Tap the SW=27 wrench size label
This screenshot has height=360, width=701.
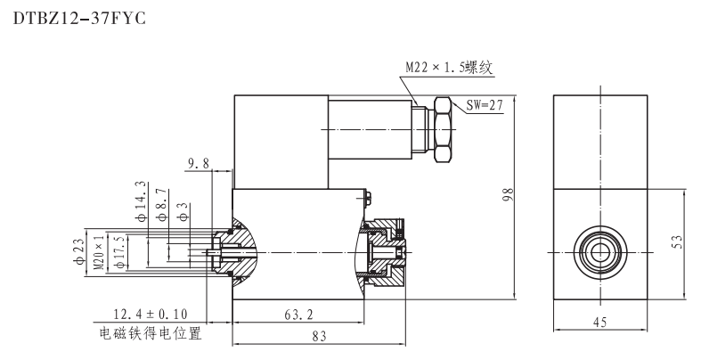tap(485, 104)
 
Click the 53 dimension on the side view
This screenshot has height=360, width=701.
tap(677, 242)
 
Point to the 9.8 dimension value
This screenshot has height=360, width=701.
tap(198, 163)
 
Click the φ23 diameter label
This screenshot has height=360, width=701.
tap(77, 250)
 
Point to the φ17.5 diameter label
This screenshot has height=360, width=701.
tap(120, 250)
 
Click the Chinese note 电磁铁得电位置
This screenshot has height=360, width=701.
tap(150, 335)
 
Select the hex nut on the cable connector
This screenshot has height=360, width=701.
tap(443, 131)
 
